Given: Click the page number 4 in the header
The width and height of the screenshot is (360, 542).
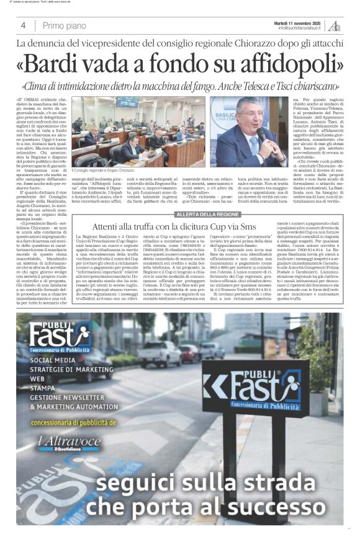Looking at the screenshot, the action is [x=23, y=25].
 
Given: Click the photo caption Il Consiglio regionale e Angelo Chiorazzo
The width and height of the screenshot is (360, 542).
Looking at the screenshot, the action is [x=102, y=170].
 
